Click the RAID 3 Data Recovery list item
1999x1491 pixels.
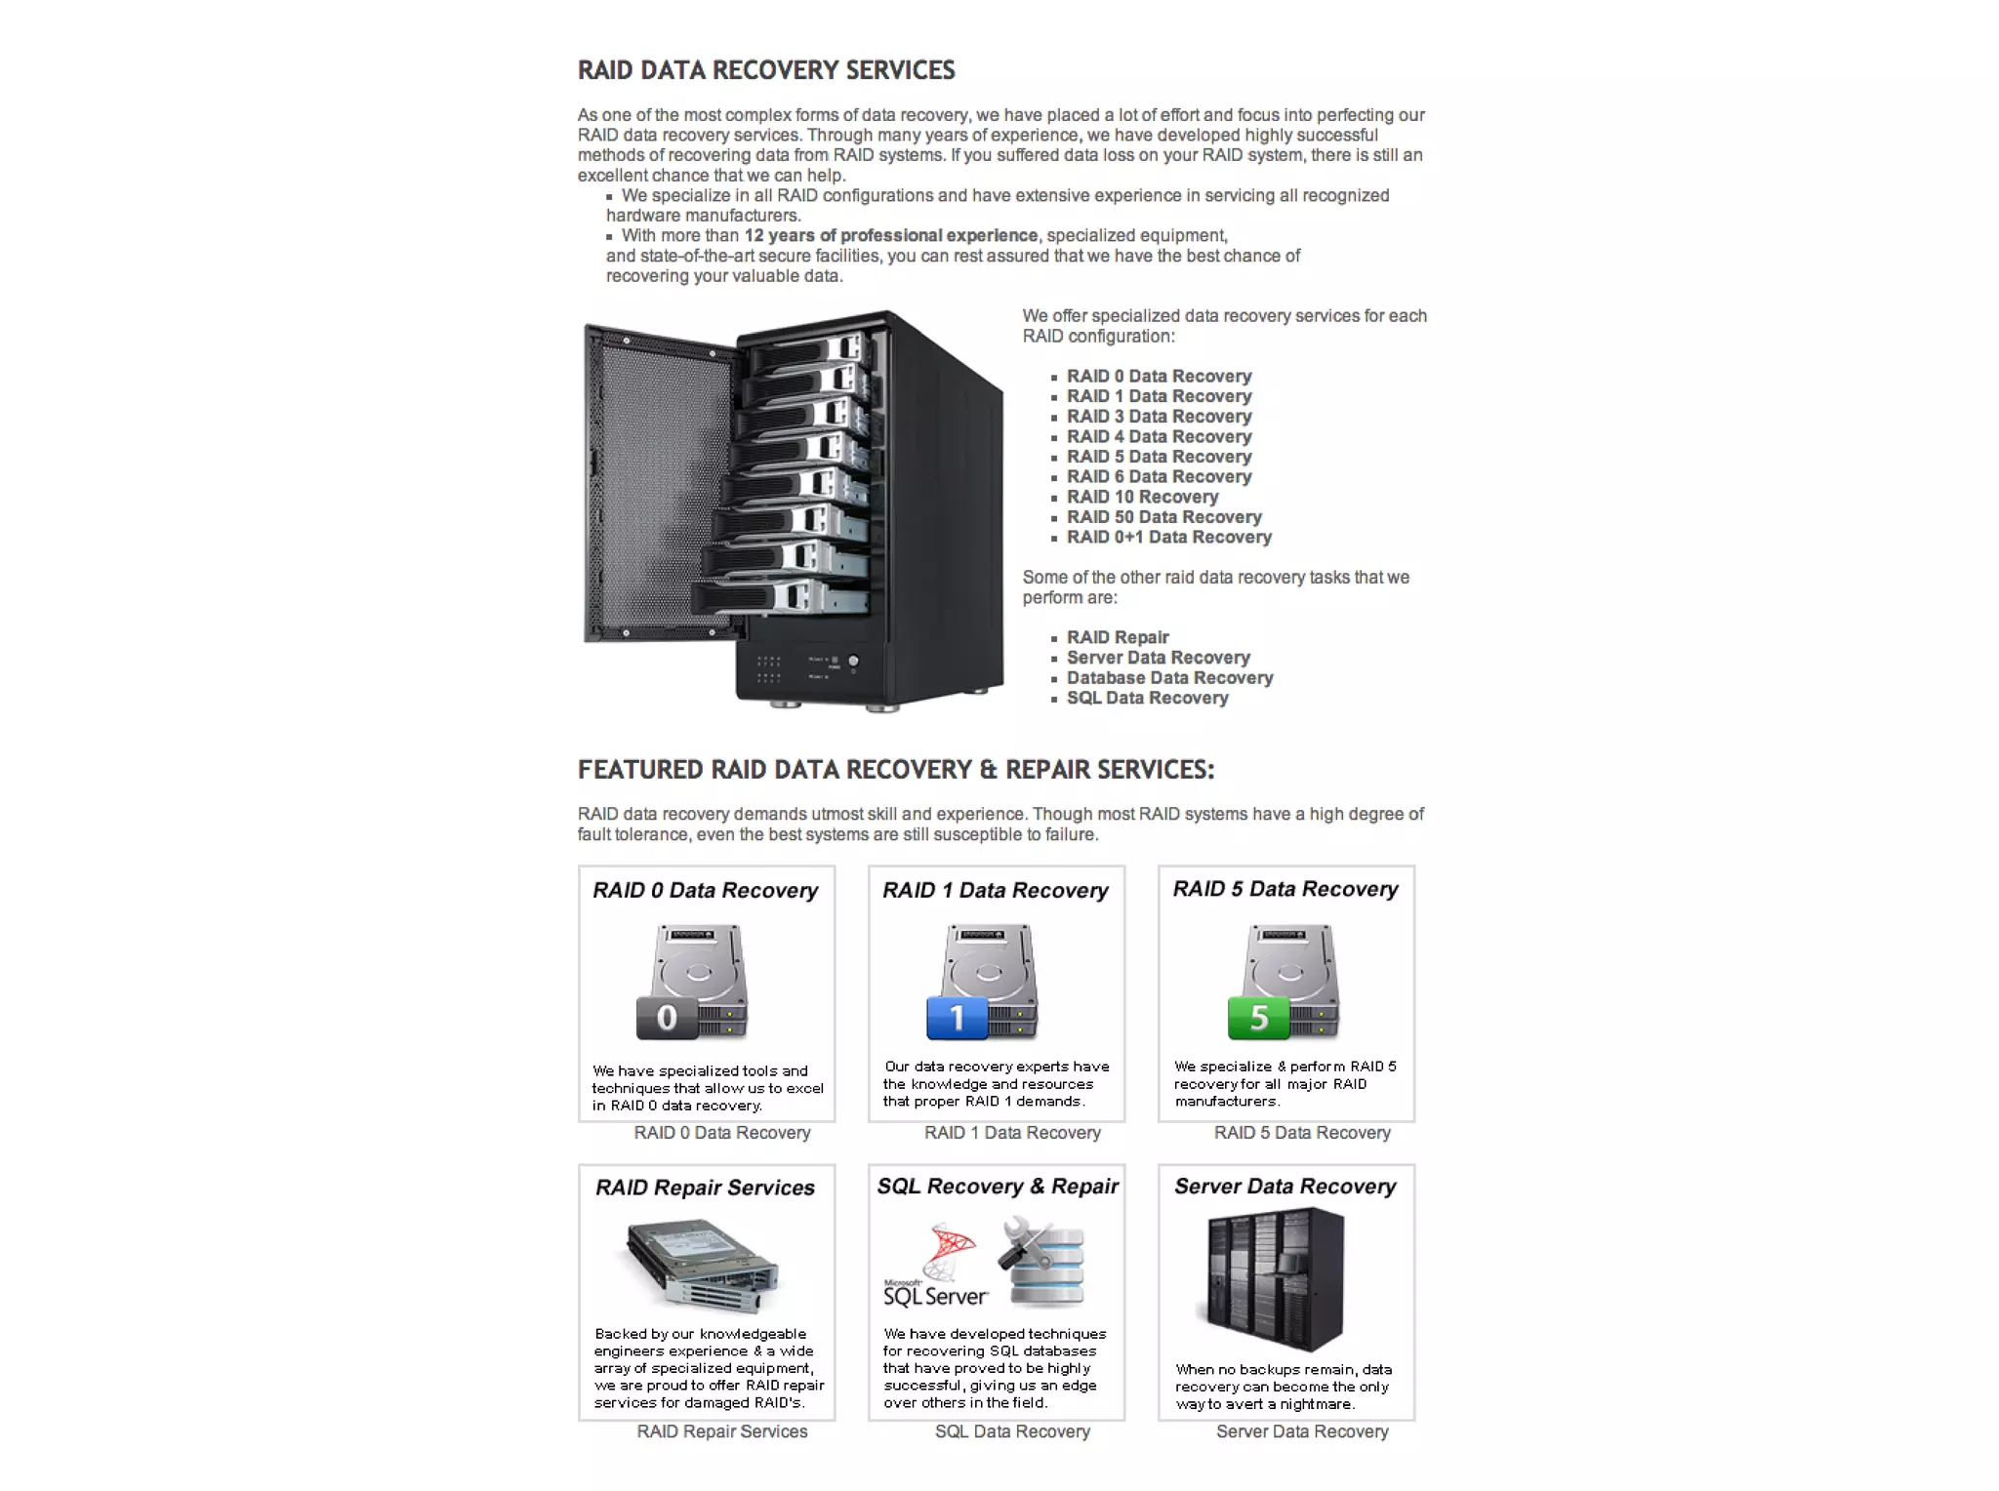coord(1159,417)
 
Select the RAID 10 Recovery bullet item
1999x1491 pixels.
coord(1142,497)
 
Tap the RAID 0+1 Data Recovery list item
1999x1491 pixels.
coord(1168,538)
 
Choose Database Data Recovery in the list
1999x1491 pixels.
coord(1169,678)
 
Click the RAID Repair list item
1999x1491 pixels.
coord(1117,637)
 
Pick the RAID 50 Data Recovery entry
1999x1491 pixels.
coord(1163,517)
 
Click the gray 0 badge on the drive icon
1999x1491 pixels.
coord(667,1018)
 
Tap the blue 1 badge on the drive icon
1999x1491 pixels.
coord(957,1018)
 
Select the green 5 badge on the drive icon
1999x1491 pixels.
coord(1258,1018)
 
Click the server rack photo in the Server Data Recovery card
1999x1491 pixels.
coord(1275,1279)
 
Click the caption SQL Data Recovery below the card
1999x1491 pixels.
coord(1012,1431)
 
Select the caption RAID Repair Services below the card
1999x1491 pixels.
coord(722,1431)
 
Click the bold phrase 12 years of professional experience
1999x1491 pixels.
coord(890,236)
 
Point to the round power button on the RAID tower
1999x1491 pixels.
coord(853,662)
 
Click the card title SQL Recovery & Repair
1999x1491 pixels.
coord(998,1187)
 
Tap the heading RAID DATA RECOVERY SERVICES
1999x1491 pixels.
coord(766,70)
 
